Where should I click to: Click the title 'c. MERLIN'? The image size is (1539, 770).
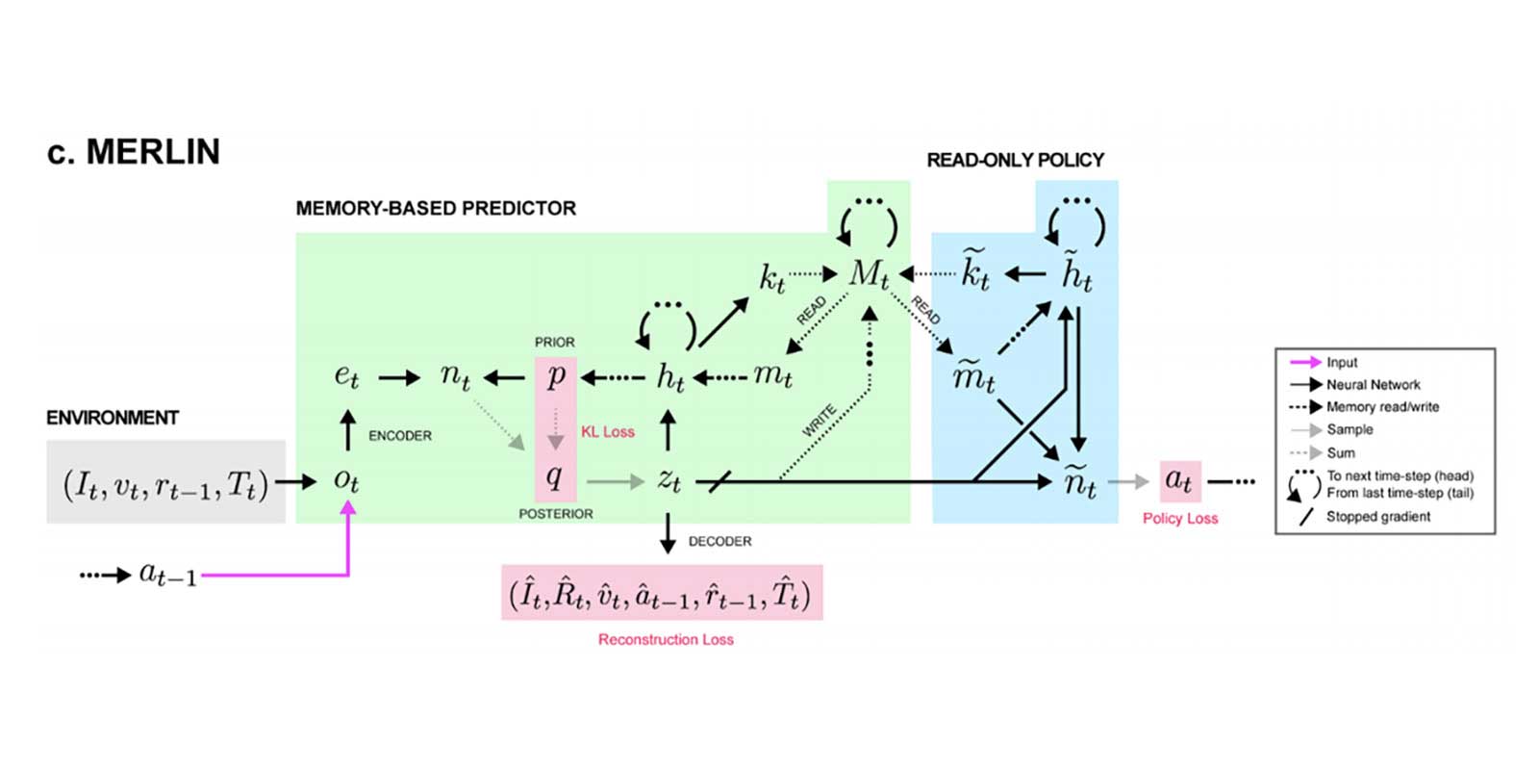tap(134, 152)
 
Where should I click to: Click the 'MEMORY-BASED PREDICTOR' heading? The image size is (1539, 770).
tap(436, 209)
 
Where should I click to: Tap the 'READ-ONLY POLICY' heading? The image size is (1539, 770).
tap(1015, 161)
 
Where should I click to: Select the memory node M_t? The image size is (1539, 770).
tap(869, 274)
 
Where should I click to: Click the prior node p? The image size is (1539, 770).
tap(556, 376)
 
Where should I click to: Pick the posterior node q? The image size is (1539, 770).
tap(555, 475)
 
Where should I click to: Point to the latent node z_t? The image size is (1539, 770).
tap(669, 480)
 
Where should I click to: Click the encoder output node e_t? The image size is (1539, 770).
tap(346, 376)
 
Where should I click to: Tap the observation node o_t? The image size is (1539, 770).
tap(346, 480)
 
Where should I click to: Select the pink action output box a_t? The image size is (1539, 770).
tap(1179, 480)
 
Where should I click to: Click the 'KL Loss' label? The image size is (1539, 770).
tap(607, 432)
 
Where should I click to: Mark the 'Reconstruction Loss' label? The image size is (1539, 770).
tap(666, 640)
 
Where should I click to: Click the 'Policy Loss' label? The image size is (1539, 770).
tap(1180, 519)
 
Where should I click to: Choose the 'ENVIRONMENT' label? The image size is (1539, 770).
tap(113, 418)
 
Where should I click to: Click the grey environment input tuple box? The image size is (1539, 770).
tap(165, 482)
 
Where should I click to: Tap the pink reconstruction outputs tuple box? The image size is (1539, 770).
tap(662, 593)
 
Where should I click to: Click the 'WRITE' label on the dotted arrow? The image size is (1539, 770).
tap(819, 422)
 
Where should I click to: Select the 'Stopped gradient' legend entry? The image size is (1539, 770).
tap(1377, 517)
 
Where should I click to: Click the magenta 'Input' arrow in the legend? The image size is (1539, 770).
tap(1305, 363)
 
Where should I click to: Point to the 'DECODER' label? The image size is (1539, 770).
tap(719, 542)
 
